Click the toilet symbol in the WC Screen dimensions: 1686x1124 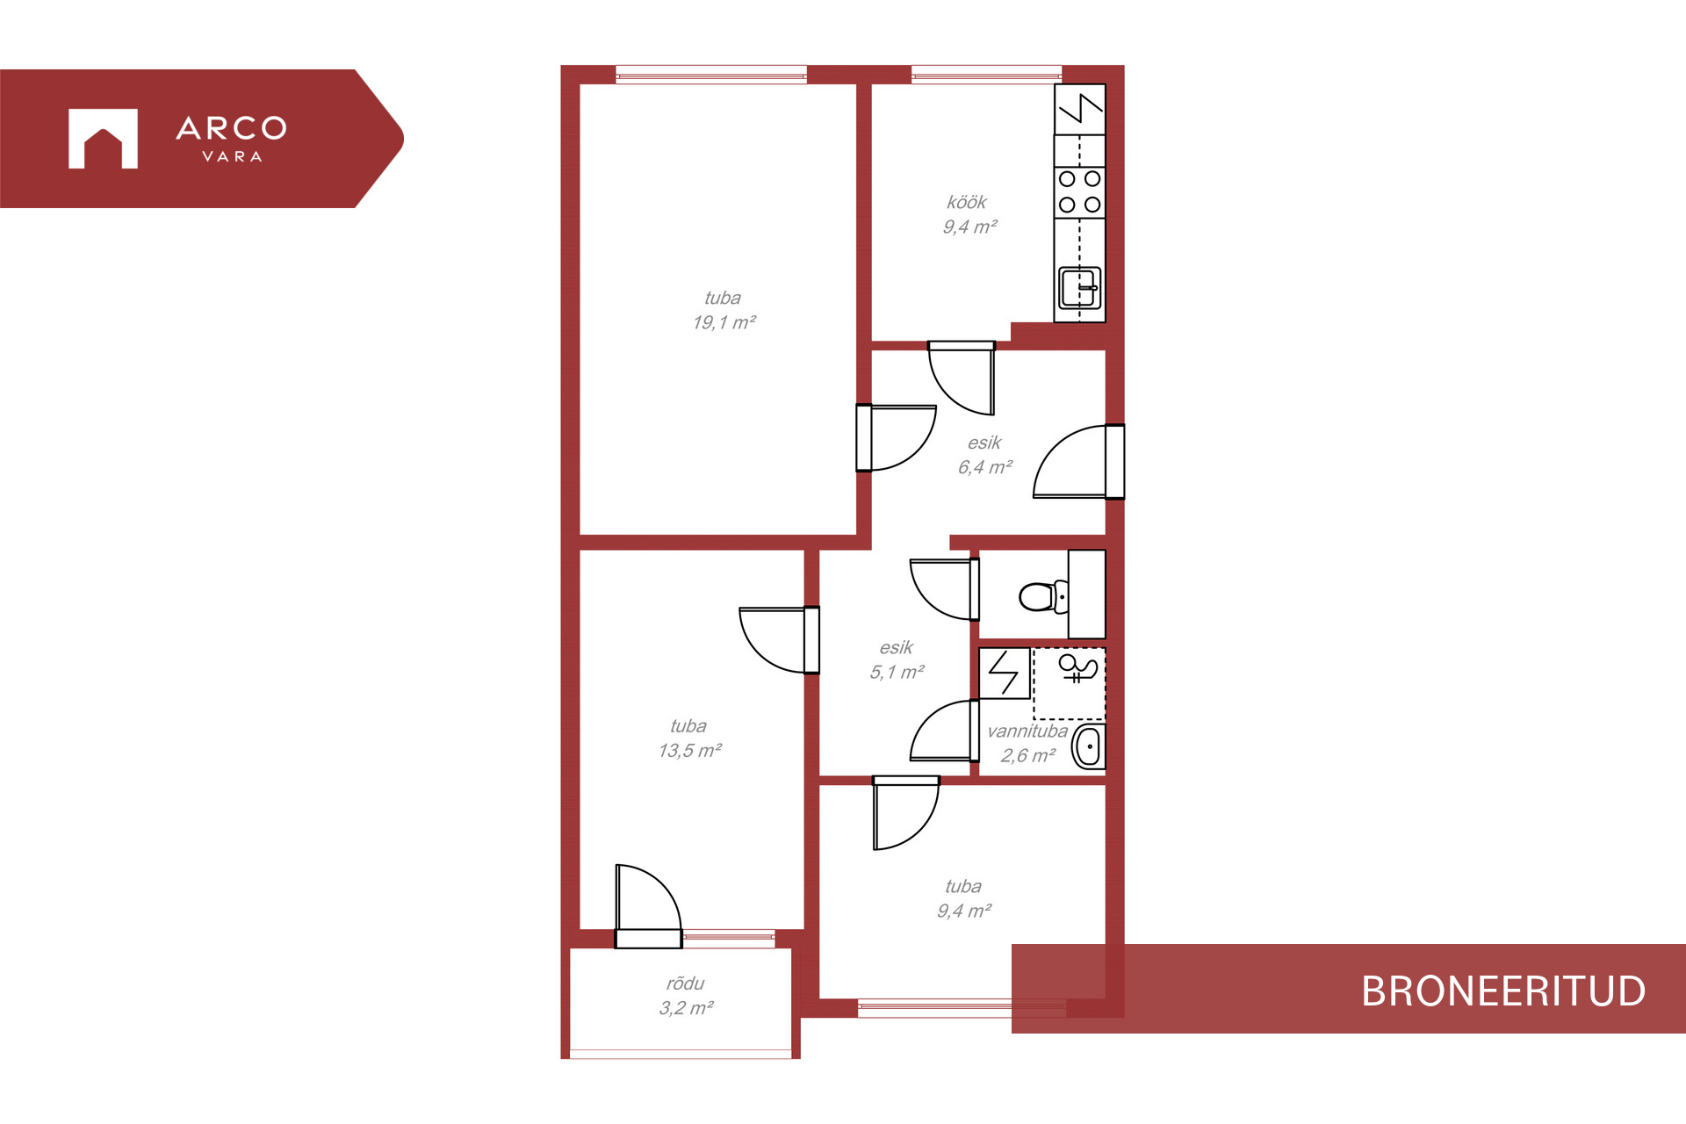pos(1043,597)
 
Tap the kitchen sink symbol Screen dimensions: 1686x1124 pos(1079,288)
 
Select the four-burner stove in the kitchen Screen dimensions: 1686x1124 pos(1079,191)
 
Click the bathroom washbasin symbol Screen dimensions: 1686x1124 pos(1089,747)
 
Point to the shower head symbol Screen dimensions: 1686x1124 pos(1078,668)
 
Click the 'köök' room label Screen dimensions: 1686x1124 pos(967,203)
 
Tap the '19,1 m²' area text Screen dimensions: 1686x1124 pos(724,322)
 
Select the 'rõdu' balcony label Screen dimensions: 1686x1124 pos(685,983)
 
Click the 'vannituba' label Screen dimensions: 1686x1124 pos(1027,731)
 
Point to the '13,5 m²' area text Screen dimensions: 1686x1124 pos(690,751)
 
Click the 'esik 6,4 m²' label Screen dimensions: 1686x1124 pos(985,455)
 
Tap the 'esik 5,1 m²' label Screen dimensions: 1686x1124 pos(897,659)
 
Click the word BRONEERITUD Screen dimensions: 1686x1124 pos(1503,991)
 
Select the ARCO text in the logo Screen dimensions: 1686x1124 pos(232,128)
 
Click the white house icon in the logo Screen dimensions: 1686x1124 pos(103,139)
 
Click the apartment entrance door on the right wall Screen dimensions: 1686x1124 pos(1079,462)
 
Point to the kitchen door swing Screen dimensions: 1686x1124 pos(962,378)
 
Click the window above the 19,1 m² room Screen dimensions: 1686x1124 pos(711,75)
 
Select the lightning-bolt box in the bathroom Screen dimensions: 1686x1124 pos(1005,674)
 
